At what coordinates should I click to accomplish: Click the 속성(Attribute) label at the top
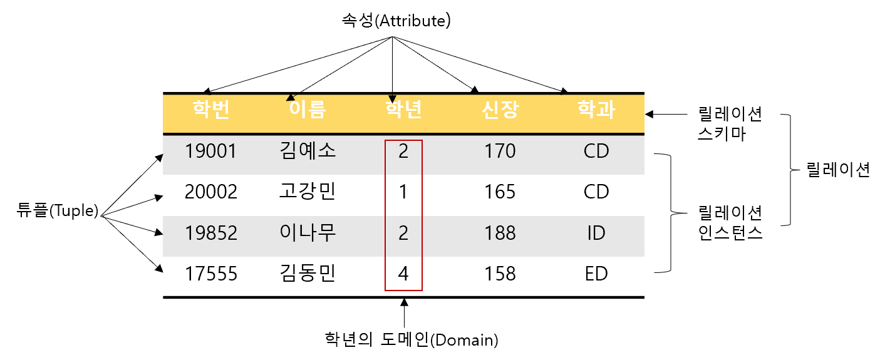(393, 21)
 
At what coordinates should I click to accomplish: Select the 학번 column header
(211, 110)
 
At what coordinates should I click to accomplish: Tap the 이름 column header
(307, 110)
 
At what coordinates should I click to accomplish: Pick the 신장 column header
(500, 110)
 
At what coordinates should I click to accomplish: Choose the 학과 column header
(596, 110)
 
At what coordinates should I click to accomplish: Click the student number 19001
(211, 152)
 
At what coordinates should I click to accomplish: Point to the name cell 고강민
(307, 192)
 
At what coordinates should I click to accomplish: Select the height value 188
(500, 233)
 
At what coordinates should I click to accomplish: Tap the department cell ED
(596, 274)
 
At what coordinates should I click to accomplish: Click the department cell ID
(596, 233)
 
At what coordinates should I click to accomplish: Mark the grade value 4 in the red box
(403, 274)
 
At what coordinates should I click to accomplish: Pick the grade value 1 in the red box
(403, 192)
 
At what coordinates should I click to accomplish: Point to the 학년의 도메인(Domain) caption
(411, 340)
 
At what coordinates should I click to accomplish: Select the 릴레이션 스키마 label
(730, 124)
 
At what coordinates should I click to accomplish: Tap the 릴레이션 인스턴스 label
(730, 224)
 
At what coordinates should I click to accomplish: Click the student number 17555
(211, 274)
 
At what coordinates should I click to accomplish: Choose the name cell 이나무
(307, 233)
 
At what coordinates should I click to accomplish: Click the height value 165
(500, 192)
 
